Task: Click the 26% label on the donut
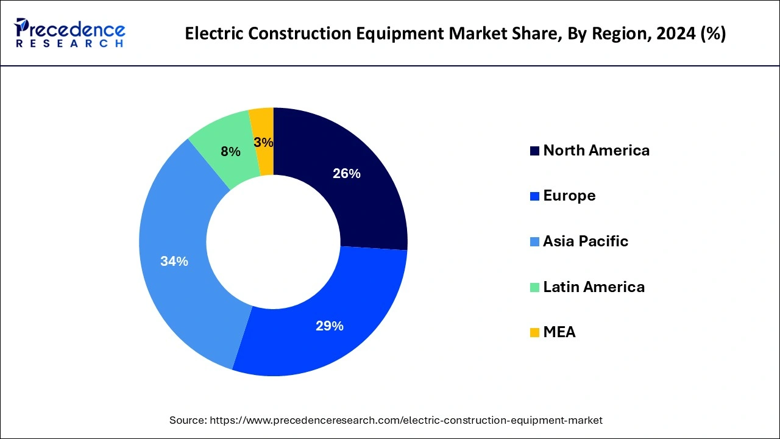coord(346,174)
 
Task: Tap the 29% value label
coord(329,326)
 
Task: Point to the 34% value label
coord(174,262)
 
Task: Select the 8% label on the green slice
coord(230,152)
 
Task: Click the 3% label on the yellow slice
coord(263,143)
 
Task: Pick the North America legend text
coord(596,151)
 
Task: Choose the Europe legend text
coord(569,196)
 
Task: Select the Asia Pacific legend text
coord(585,241)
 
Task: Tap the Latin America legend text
coord(594,287)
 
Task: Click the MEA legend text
coord(559,332)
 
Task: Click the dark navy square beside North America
coord(534,151)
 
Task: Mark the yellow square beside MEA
coord(534,333)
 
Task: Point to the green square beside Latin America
coord(534,287)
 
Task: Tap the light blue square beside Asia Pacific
coord(534,242)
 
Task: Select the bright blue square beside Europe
coord(534,196)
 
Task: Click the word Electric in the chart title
coord(213,34)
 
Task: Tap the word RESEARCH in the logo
coord(69,44)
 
